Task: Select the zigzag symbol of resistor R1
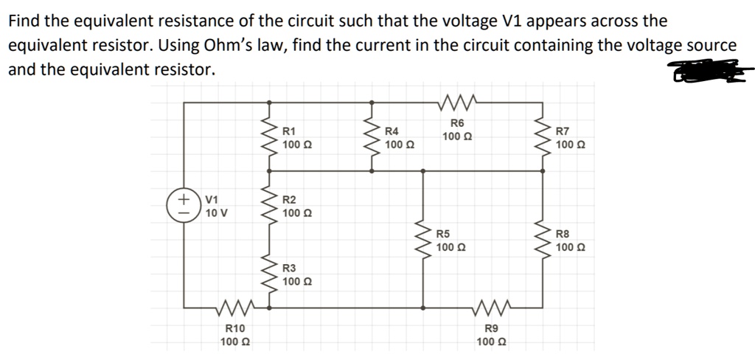pyautogui.click(x=268, y=134)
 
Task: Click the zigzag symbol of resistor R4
pyautogui.click(x=371, y=134)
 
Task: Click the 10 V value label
pyautogui.click(x=217, y=213)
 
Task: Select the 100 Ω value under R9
pyautogui.click(x=491, y=342)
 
